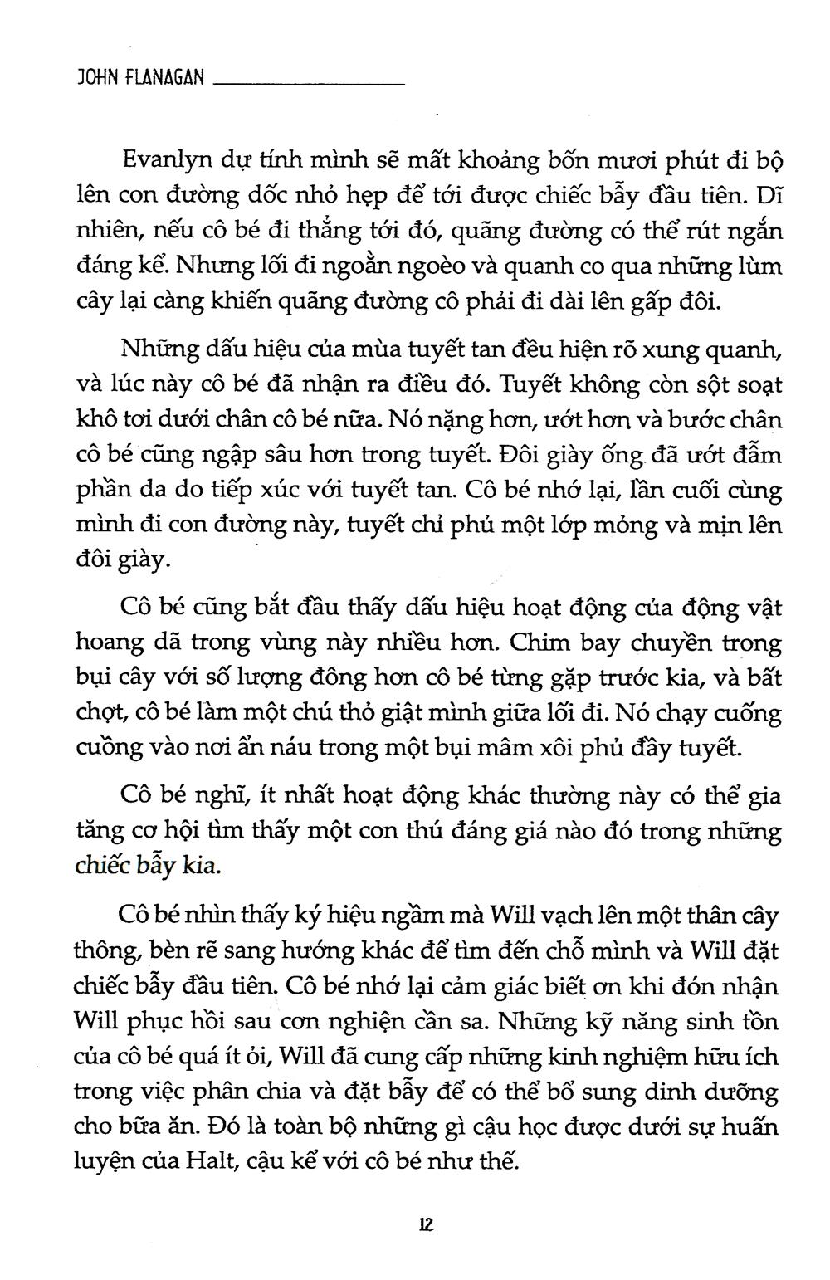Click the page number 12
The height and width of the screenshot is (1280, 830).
click(427, 1225)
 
